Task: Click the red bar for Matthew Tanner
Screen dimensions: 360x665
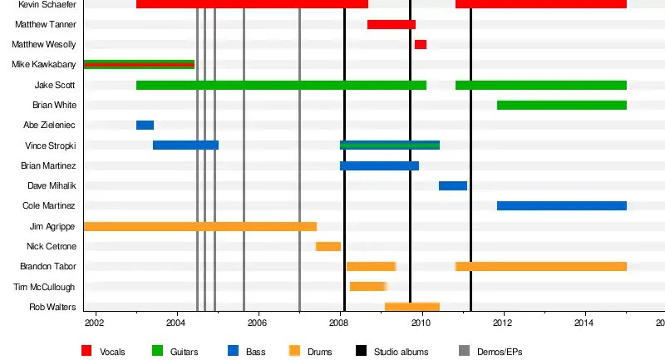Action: click(x=392, y=24)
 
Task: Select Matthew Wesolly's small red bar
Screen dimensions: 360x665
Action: click(x=421, y=44)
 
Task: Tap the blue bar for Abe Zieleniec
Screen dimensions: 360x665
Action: click(x=145, y=125)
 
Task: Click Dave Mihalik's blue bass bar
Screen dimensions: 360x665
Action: click(x=453, y=185)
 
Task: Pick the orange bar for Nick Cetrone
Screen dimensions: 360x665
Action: click(x=328, y=246)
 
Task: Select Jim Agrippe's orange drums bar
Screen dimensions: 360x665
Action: click(x=200, y=226)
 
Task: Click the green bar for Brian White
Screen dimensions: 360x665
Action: click(x=562, y=105)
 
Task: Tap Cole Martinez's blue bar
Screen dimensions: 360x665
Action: click(x=562, y=205)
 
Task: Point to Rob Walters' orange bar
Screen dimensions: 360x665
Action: click(x=412, y=307)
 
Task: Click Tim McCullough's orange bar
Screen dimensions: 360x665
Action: click(x=367, y=287)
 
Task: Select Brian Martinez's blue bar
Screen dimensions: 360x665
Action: click(x=379, y=165)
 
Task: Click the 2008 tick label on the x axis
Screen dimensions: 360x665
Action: click(x=339, y=323)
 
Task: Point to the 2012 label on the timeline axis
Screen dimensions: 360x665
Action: click(x=503, y=323)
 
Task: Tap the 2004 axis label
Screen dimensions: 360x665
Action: click(x=176, y=323)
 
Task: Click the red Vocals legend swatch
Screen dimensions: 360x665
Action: click(x=87, y=351)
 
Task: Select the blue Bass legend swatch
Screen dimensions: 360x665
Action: click(x=234, y=351)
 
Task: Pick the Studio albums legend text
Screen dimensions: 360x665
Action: click(x=401, y=352)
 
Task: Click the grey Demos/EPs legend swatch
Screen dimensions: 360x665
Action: click(x=465, y=351)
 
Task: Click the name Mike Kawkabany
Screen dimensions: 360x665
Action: click(x=44, y=65)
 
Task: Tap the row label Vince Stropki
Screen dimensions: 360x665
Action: click(x=51, y=145)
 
